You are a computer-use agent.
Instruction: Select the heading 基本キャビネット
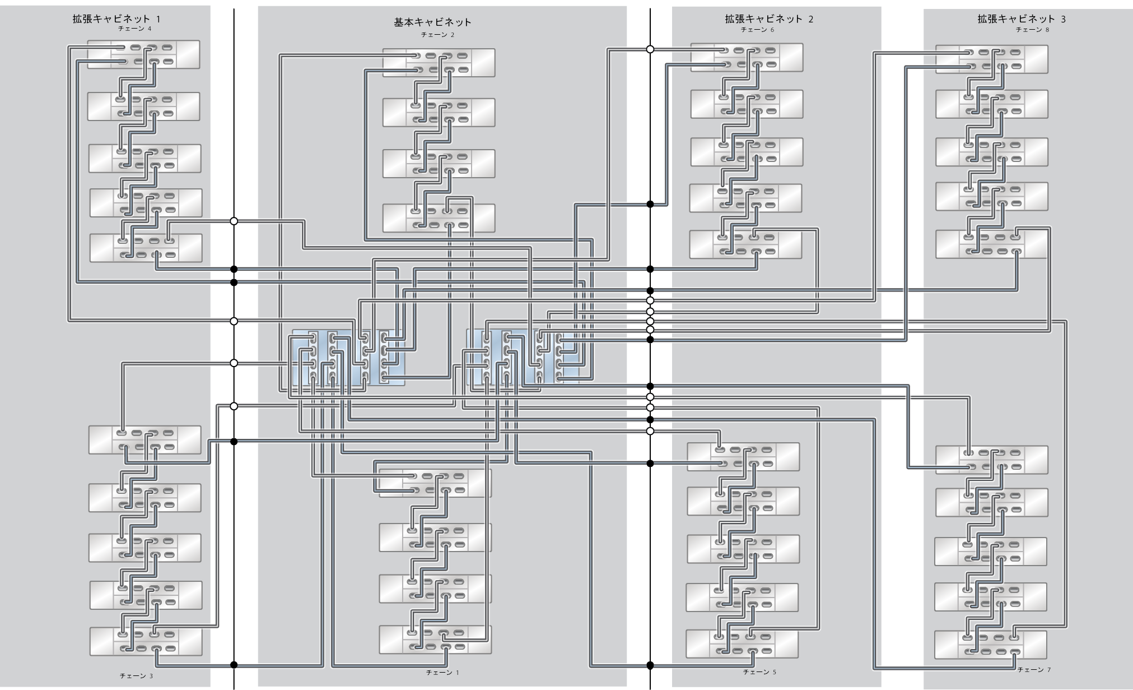pos(432,22)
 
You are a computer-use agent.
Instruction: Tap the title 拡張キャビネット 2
pos(769,19)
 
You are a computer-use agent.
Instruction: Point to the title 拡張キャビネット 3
pos(1022,19)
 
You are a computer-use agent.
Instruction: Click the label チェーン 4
pos(134,29)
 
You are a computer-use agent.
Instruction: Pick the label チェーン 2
pos(437,35)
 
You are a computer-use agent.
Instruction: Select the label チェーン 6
pos(757,30)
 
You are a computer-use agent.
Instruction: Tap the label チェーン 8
pos(1032,30)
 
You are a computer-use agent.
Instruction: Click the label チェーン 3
pos(136,676)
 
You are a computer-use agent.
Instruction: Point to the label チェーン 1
pos(442,672)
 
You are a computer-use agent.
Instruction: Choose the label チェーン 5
pos(759,672)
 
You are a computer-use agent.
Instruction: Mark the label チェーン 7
pos(1034,670)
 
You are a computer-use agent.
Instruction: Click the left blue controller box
pos(347,357)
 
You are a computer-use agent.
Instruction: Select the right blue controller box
pos(524,357)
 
